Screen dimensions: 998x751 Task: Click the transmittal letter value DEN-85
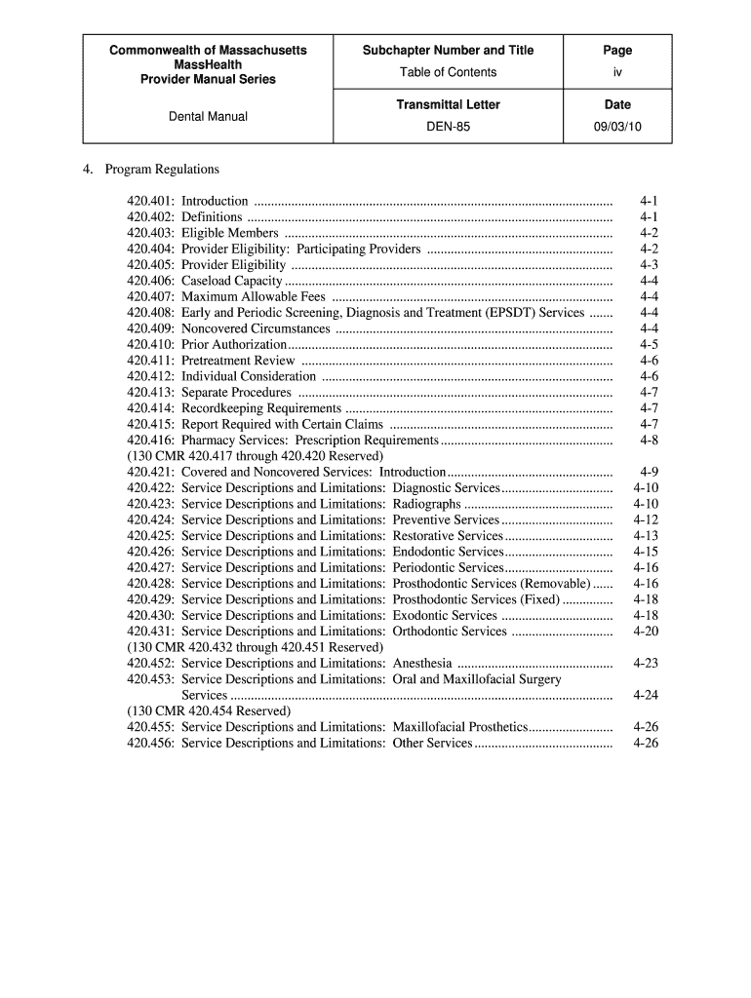tap(449, 126)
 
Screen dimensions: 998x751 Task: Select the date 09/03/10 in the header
tap(617, 126)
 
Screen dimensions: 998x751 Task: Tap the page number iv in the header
tap(617, 72)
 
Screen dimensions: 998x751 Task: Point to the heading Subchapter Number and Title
tap(449, 50)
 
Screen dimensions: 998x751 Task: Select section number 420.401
tap(150, 201)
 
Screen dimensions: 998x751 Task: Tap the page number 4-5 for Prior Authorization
tap(649, 344)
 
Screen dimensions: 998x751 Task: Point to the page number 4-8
tap(649, 440)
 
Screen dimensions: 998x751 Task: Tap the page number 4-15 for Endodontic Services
tap(646, 552)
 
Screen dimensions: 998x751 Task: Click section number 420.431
tap(150, 632)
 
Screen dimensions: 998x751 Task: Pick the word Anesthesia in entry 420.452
tap(421, 664)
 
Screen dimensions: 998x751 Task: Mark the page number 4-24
tap(646, 695)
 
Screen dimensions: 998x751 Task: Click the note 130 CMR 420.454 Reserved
tap(209, 711)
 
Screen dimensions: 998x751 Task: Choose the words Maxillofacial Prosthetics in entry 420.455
tap(459, 727)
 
